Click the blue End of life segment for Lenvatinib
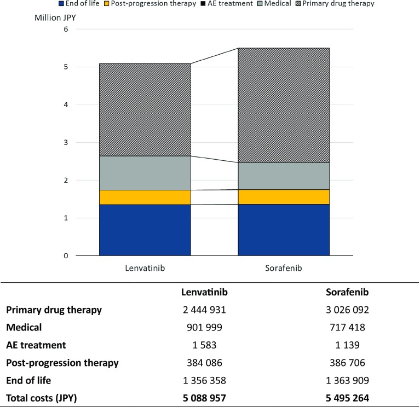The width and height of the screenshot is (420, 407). tap(145, 230)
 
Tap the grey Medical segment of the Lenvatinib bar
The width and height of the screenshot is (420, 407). tap(145, 173)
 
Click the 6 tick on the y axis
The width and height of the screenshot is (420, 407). tap(66, 30)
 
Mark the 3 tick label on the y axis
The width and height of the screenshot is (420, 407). tap(66, 143)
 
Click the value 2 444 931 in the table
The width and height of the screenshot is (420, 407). tap(204, 310)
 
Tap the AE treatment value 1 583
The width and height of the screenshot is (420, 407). tap(204, 345)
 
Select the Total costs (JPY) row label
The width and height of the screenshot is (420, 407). tap(41, 398)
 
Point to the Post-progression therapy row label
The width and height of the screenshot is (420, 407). tap(62, 363)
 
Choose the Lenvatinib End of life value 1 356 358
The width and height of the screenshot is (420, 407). tap(204, 380)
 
